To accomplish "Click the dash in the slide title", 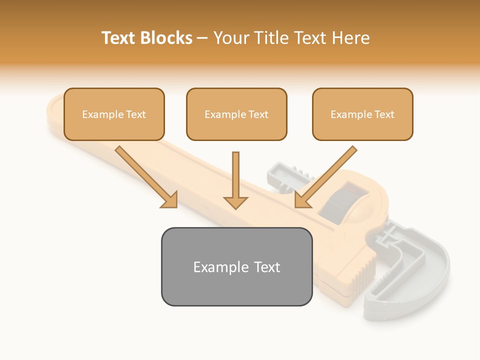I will tap(202, 38).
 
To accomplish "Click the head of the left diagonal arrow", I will tap(170, 200).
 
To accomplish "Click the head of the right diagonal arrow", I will tap(302, 200).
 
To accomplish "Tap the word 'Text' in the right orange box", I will tap(384, 114).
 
